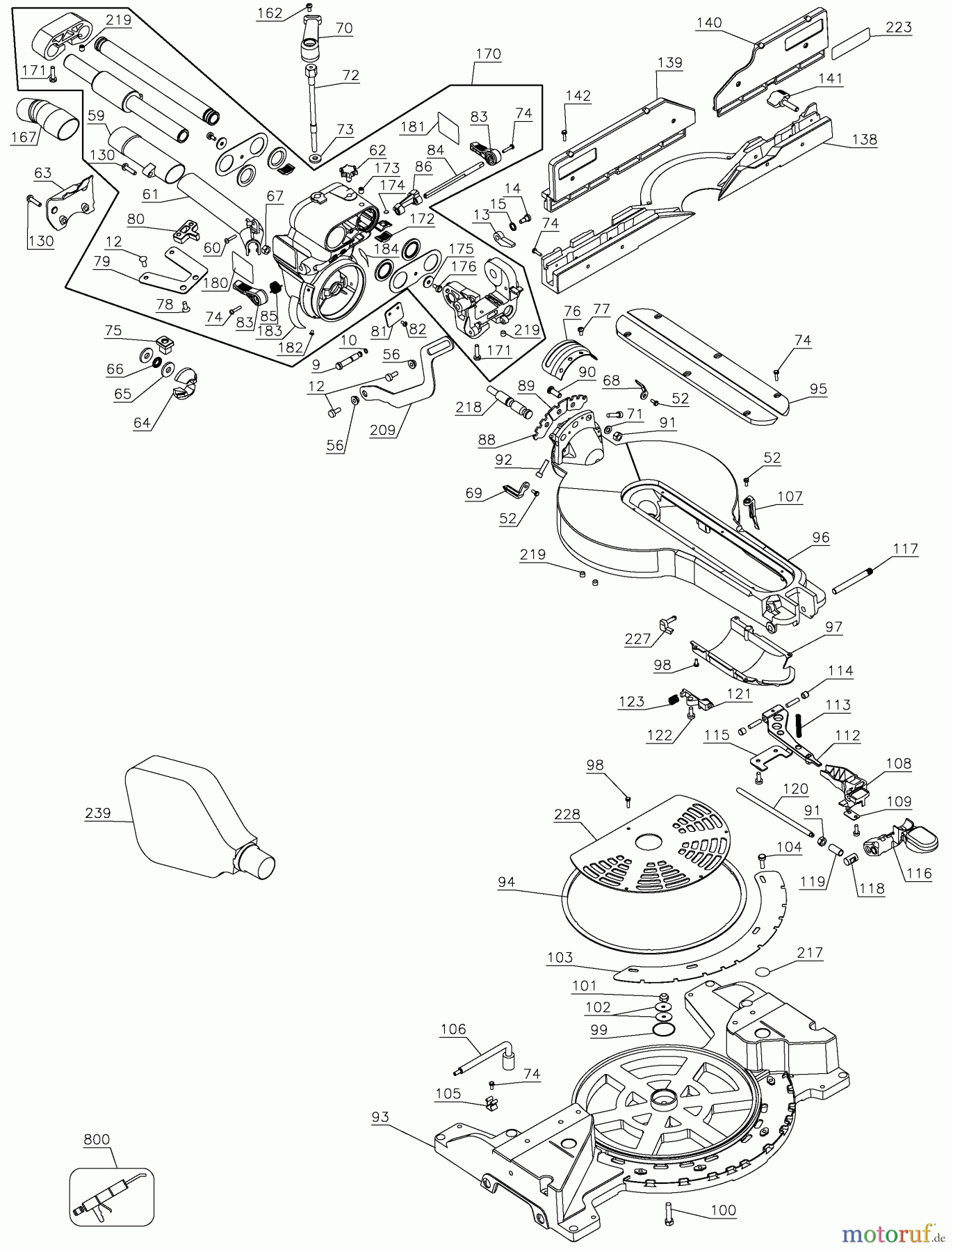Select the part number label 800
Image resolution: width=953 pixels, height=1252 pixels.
coord(97,1139)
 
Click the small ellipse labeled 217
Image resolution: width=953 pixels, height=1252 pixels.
coord(764,972)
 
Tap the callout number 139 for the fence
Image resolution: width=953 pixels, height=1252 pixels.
coord(670,63)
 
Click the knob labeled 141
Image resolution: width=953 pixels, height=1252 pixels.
coord(780,99)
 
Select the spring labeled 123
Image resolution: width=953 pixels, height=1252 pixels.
coord(672,701)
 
